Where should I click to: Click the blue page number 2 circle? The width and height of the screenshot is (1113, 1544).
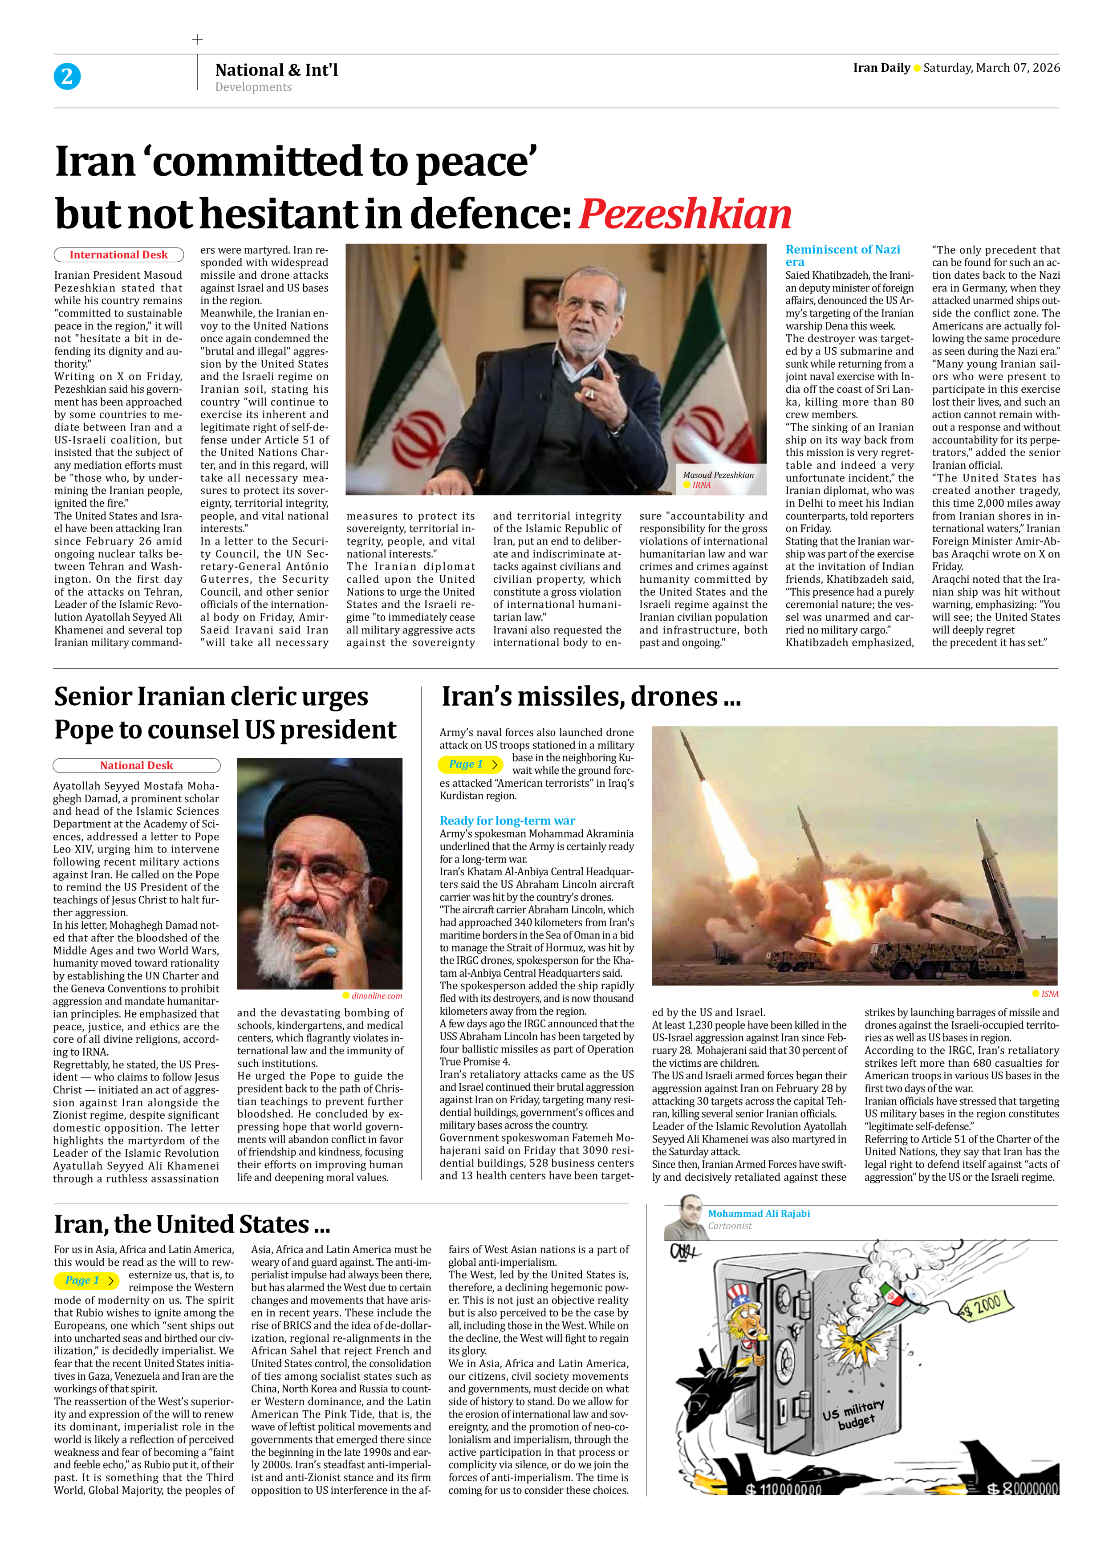(x=67, y=76)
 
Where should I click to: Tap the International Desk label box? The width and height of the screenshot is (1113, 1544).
(x=118, y=255)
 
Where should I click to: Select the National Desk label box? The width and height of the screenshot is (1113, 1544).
(x=136, y=765)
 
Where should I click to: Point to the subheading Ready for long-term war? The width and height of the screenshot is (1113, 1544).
(x=507, y=821)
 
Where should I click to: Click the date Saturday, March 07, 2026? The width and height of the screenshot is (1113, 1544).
(x=991, y=67)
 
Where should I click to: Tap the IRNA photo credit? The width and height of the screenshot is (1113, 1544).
(x=701, y=485)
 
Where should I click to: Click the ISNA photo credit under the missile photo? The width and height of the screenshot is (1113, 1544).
(x=1049, y=994)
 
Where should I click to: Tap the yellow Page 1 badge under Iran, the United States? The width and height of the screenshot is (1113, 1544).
(x=86, y=1280)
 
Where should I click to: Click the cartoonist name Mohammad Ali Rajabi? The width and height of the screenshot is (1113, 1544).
(x=758, y=1213)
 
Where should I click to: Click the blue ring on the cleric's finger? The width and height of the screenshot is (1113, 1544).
(x=331, y=951)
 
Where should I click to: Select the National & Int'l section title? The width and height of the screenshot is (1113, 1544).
(x=276, y=69)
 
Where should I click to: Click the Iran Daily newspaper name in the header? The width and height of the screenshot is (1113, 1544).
(x=881, y=67)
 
